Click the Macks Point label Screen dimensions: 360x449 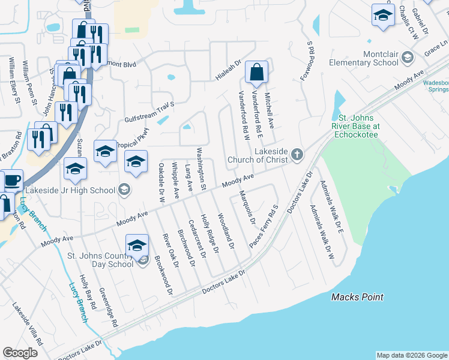coord(358,298)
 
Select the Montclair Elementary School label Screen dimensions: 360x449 coord(364,58)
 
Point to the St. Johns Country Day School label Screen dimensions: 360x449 coord(100,260)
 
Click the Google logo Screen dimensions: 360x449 coord(20,353)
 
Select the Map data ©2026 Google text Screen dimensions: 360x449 coord(412,355)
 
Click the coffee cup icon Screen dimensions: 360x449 coord(11,179)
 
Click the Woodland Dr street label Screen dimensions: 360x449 coord(226,231)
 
